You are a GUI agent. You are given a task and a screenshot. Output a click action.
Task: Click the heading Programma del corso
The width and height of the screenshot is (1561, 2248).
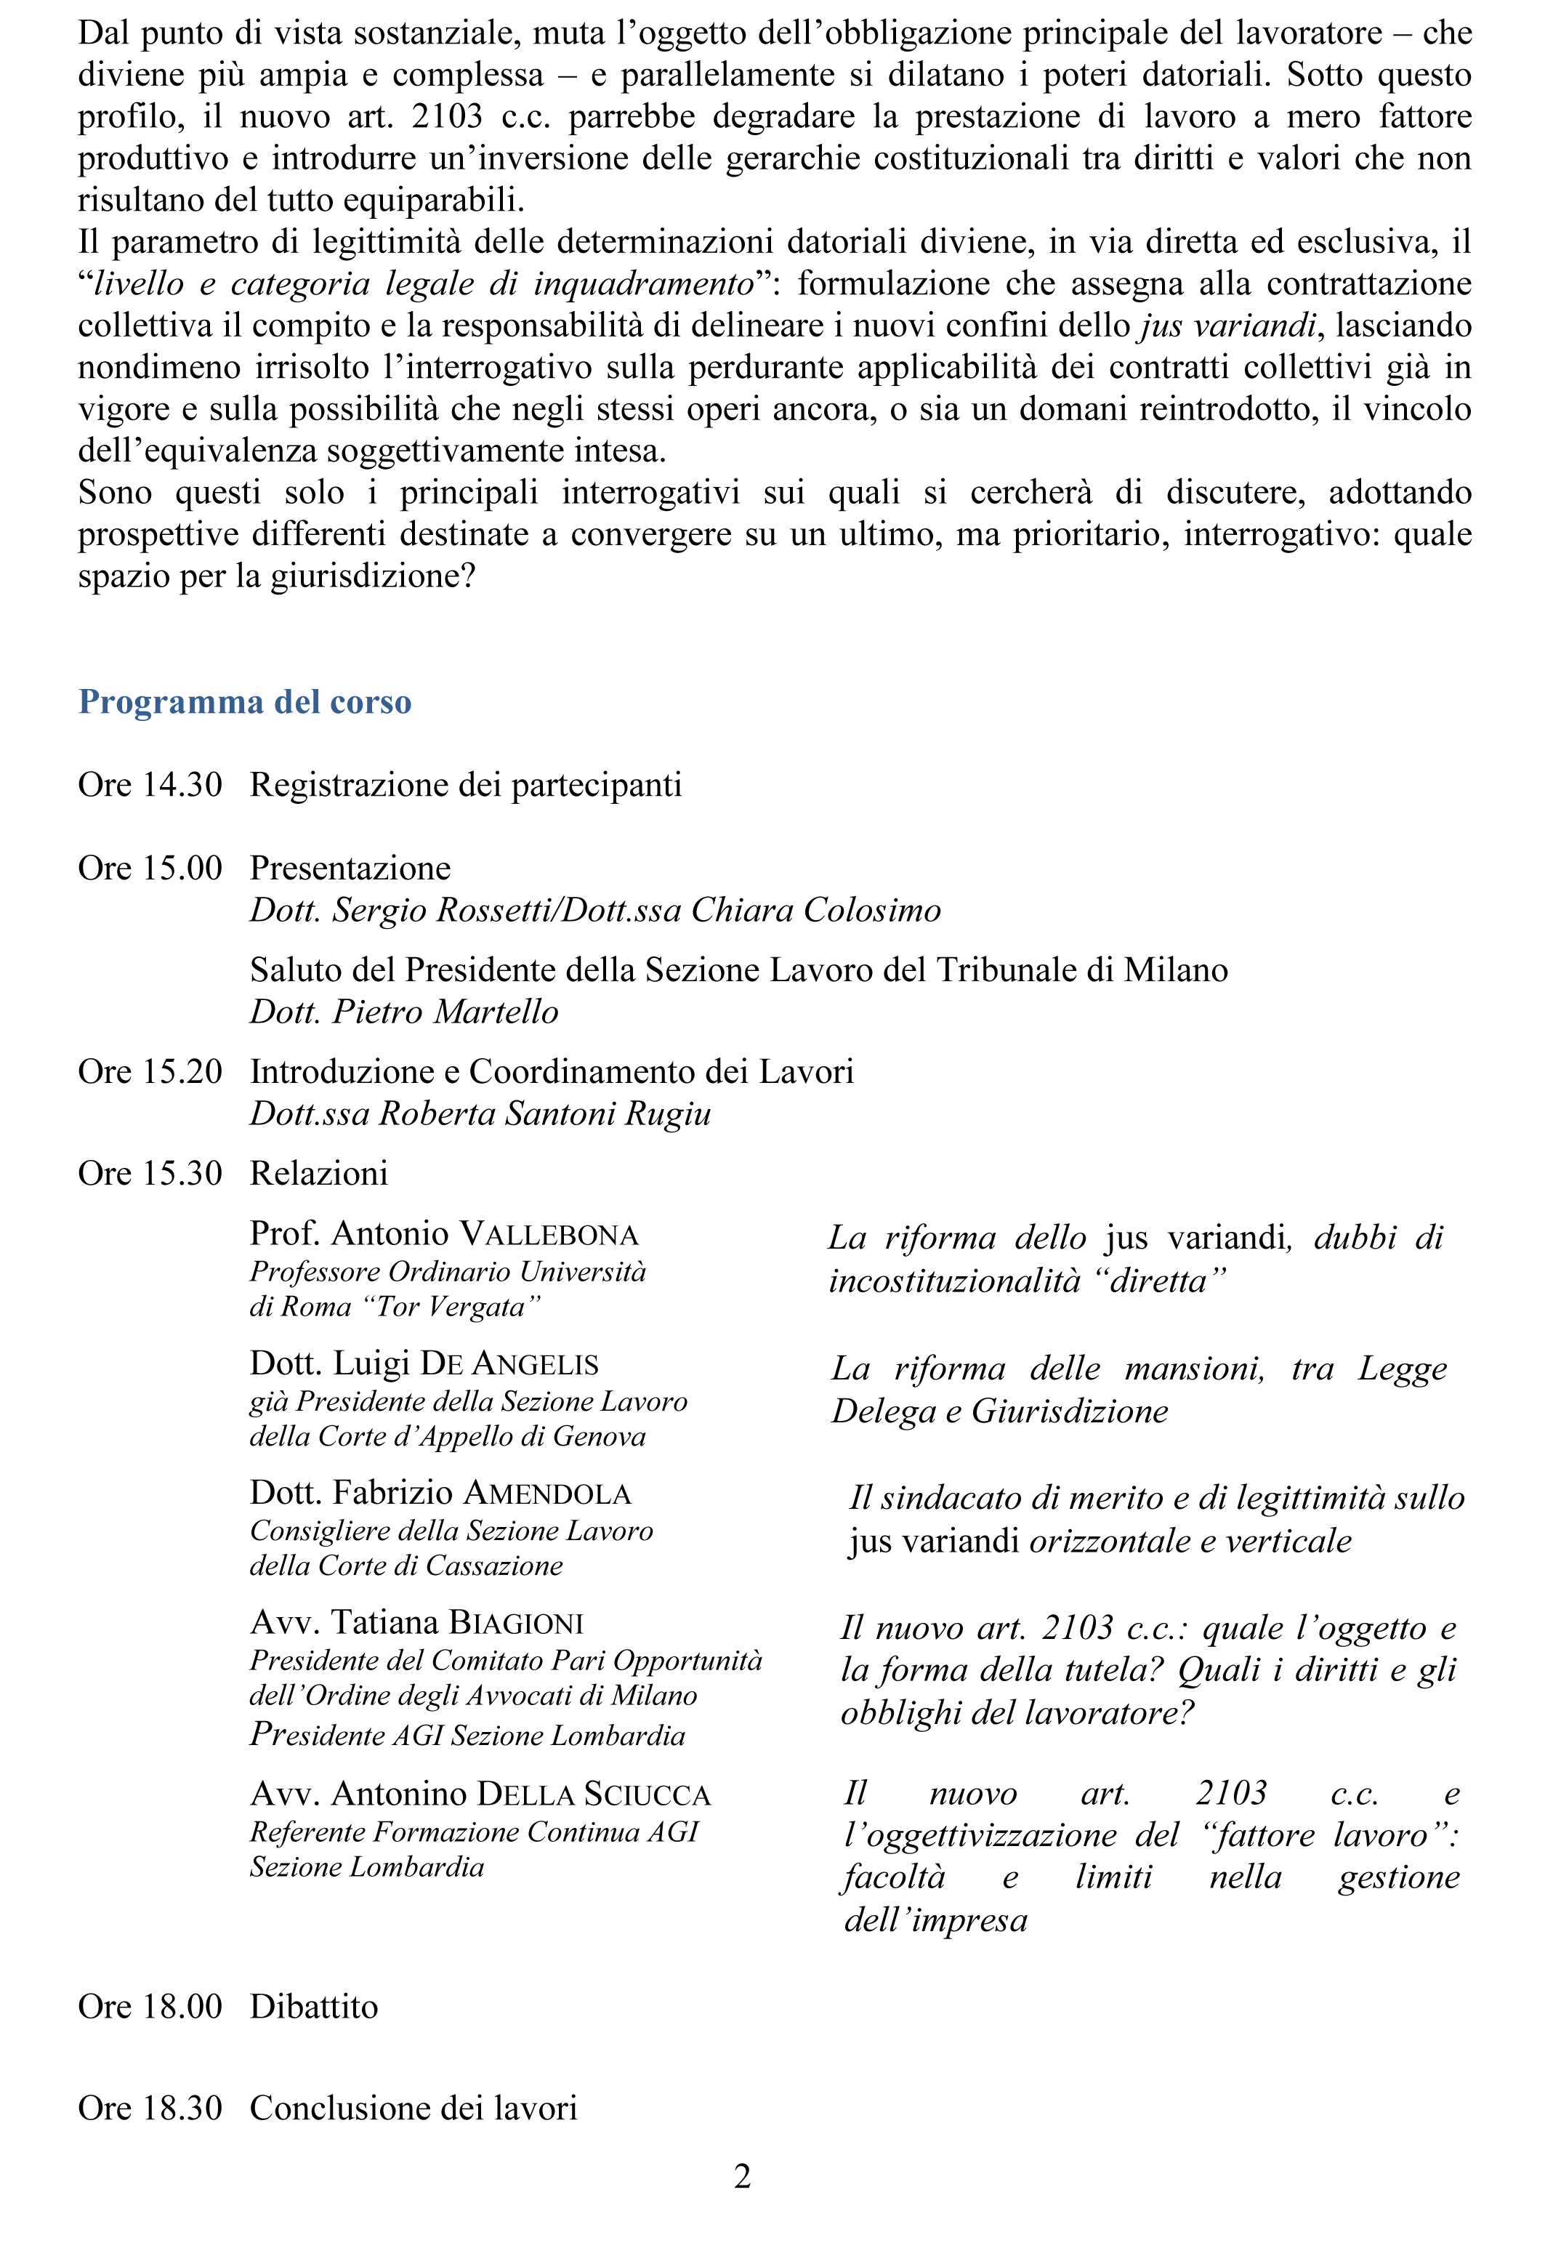(x=244, y=701)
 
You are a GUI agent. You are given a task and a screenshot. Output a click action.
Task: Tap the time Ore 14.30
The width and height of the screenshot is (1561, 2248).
(x=150, y=784)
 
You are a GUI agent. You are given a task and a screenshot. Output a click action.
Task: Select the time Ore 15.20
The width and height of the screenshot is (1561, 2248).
(x=150, y=1071)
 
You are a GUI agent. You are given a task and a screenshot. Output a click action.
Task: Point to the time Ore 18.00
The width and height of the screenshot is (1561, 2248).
(x=150, y=2007)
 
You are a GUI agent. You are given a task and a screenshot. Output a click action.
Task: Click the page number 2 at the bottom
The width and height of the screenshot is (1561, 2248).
(x=743, y=2175)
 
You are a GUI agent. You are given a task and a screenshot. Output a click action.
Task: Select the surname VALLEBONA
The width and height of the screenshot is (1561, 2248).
(x=549, y=1233)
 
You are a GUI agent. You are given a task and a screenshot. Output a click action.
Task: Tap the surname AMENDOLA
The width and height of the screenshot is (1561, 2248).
(x=548, y=1493)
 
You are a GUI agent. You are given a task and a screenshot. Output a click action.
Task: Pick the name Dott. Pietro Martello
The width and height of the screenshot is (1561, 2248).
(x=404, y=1012)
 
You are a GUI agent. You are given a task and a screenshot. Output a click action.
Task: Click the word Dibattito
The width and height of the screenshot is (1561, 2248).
(x=314, y=2007)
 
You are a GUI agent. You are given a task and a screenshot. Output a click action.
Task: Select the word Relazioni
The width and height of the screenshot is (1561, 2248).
(x=319, y=1173)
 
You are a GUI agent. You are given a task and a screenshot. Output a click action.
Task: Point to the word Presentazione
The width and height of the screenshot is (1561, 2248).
(x=350, y=868)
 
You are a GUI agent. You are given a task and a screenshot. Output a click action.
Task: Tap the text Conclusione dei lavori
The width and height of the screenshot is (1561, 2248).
(x=414, y=2107)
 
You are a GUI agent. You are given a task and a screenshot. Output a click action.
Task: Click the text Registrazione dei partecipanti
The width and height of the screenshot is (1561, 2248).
(x=466, y=784)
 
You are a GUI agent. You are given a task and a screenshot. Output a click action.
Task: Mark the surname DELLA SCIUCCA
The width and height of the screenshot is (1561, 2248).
(x=594, y=1794)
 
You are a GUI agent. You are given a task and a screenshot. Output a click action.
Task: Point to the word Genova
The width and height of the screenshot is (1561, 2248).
(x=599, y=1436)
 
